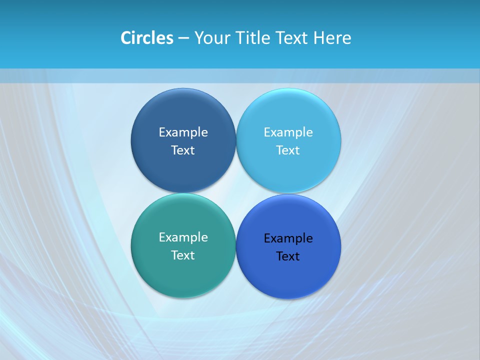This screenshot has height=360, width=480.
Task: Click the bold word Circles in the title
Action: tap(146, 38)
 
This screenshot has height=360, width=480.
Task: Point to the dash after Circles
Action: tap(183, 38)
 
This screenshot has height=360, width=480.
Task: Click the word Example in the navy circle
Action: tap(183, 132)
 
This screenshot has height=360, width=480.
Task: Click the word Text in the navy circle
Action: tap(183, 150)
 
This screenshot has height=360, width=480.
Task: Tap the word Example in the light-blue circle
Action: tap(288, 132)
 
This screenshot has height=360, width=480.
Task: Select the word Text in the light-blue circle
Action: tap(288, 150)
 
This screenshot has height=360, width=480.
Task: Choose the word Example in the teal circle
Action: tap(183, 237)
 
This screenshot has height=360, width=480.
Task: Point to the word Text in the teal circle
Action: tap(183, 255)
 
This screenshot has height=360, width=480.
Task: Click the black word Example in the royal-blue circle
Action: tap(288, 238)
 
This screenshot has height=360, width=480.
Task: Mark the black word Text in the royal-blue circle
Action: tap(288, 256)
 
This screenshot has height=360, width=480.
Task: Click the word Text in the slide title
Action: tap(292, 38)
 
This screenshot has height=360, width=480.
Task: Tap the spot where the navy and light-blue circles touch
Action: tap(236, 140)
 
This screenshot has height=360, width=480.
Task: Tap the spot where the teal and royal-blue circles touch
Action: tap(236, 246)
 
